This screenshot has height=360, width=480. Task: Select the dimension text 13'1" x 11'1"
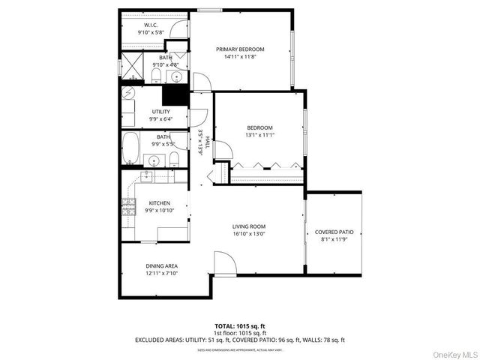259,136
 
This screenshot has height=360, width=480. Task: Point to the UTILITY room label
160,112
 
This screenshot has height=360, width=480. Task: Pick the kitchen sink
146,177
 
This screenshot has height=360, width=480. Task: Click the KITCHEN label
159,203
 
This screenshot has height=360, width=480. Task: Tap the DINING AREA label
161,266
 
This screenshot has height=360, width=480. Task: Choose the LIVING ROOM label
249,226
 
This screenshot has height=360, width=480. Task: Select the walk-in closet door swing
178,28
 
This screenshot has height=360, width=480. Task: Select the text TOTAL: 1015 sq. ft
239,327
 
